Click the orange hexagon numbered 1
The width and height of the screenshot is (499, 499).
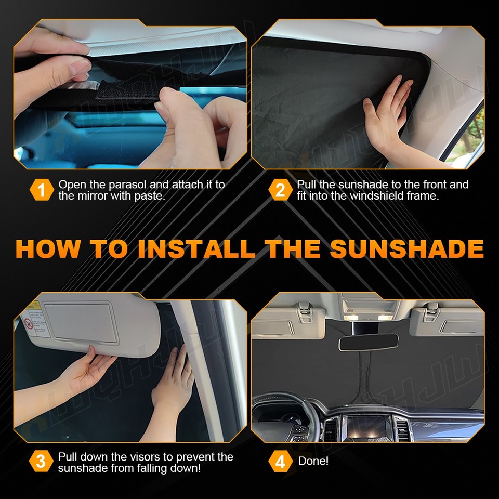tap(41, 190)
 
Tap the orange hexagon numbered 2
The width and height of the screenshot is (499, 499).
tap(280, 190)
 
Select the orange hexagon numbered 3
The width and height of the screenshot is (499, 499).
tap(41, 462)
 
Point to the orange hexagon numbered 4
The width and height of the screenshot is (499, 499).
tap(280, 462)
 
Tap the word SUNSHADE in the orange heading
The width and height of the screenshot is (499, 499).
tap(406, 248)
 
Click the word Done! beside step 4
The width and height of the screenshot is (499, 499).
tap(313, 462)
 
